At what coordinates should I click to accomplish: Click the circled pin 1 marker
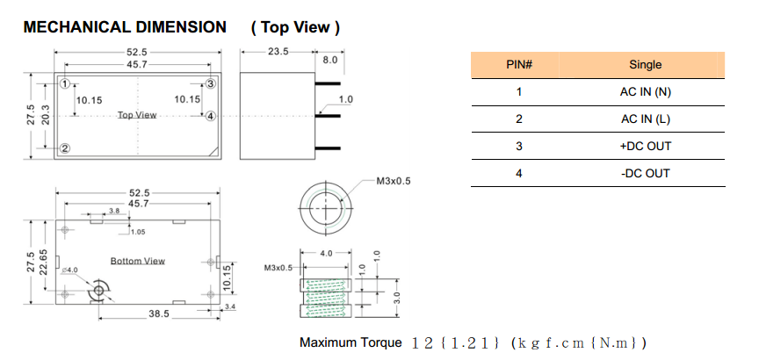pos(65,84)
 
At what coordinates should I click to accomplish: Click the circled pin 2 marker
pos(65,148)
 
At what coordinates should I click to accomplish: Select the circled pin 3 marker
pos(211,84)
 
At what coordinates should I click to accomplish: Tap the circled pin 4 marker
pos(211,115)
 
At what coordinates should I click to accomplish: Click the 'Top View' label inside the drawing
pos(137,115)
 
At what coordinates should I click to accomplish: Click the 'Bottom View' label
pos(137,261)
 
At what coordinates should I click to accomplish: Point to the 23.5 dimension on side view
pos(278,53)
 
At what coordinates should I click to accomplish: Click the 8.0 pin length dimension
pos(330,61)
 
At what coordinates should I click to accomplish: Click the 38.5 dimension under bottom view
pos(159,313)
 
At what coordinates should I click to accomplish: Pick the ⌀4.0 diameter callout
pos(70,270)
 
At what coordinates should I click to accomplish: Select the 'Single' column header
pos(645,65)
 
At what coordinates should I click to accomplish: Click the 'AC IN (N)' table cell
pos(645,92)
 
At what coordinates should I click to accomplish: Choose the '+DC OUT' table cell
pos(645,147)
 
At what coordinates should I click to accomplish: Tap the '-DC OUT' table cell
pos(645,174)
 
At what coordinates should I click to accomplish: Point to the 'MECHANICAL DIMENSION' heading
pos(124,27)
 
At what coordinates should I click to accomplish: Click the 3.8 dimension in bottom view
pos(114,211)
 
